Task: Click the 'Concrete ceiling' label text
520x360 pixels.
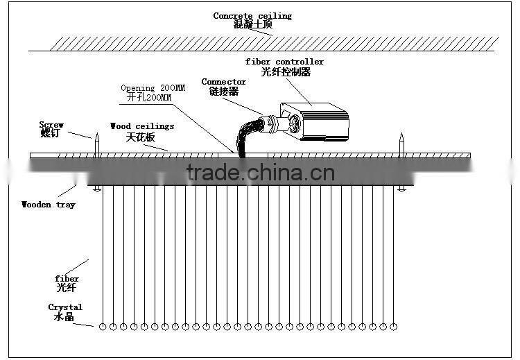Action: coord(252,16)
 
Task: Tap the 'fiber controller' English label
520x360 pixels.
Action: coord(284,62)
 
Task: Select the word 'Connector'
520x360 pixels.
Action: coord(223,82)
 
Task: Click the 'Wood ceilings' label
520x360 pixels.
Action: coord(142,126)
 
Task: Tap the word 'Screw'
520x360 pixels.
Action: coord(51,125)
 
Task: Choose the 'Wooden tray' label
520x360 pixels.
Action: coord(49,205)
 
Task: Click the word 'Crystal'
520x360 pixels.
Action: coord(65,307)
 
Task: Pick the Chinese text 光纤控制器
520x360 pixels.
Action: coord(286,71)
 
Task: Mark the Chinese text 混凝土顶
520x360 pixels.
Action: coord(252,24)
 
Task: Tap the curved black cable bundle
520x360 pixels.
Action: coord(247,135)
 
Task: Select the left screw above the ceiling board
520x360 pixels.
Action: coord(97,144)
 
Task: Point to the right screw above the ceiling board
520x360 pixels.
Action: coord(401,144)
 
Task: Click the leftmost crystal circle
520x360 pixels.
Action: coord(103,326)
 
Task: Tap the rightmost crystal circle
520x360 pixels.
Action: coord(394,326)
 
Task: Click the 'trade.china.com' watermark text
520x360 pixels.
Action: coord(260,173)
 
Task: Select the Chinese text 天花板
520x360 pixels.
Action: coord(139,137)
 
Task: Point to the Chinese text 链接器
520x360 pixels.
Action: coord(223,92)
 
